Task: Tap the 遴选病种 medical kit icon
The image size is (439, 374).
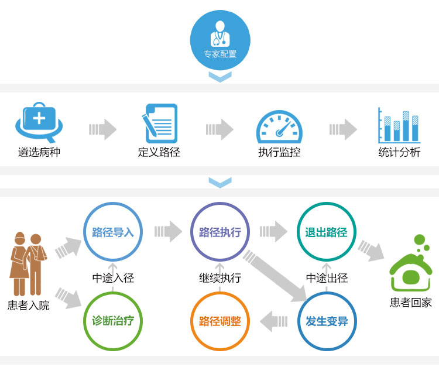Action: tap(39, 123)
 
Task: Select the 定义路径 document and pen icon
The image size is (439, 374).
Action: tap(159, 122)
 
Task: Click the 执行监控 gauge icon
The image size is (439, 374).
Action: tap(279, 126)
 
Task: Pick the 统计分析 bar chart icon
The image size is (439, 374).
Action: tap(399, 124)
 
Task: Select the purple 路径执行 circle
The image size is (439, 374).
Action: tap(220, 232)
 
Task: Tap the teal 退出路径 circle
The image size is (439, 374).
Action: tap(326, 232)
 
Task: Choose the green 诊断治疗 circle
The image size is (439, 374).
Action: tap(113, 321)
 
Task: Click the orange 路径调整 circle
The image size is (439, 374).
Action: tap(220, 321)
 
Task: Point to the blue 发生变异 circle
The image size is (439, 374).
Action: tap(326, 321)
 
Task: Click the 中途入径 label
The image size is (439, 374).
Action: tap(113, 278)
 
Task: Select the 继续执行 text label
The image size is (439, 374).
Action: tap(220, 278)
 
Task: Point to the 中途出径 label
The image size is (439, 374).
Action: tap(327, 278)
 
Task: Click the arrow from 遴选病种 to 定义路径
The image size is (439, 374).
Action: tap(103, 129)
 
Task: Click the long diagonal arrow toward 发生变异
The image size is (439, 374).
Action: tap(275, 276)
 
